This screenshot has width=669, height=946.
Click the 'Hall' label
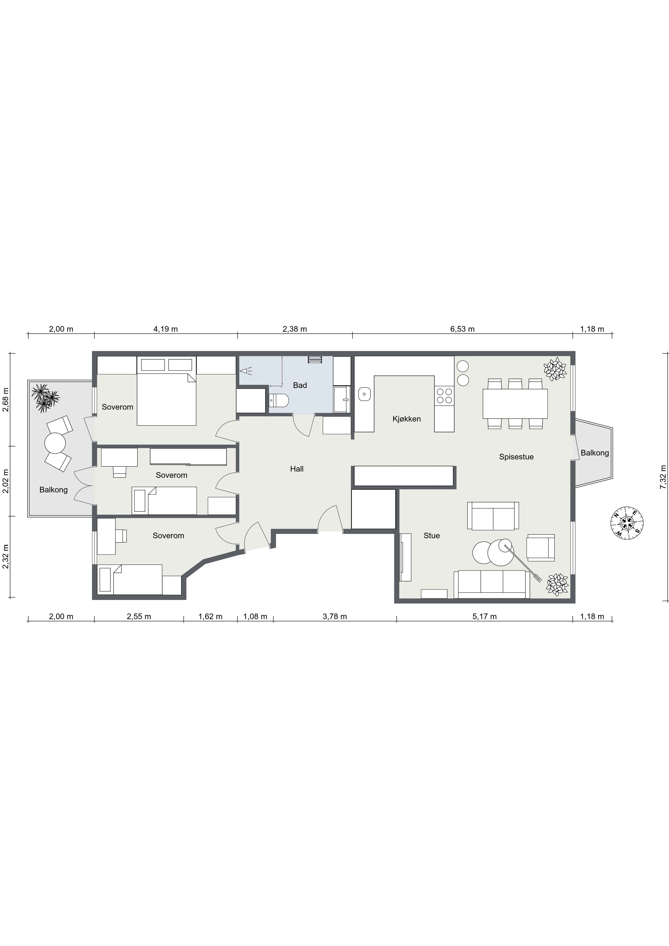pos(297,469)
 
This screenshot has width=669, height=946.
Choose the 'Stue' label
pos(432,536)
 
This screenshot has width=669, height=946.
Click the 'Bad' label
pos(300,385)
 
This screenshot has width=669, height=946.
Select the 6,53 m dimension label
pos(462,329)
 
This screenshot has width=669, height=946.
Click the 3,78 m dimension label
pos(335,617)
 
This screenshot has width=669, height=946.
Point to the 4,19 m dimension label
pos(166,329)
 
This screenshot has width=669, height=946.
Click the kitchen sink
pos(364,394)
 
